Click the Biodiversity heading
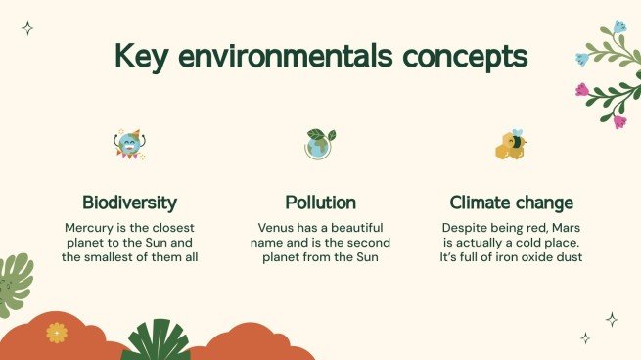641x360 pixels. (129, 203)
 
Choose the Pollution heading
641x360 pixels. (320, 203)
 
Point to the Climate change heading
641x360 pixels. (511, 203)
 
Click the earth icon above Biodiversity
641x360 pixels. (128, 144)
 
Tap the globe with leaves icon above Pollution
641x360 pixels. (319, 144)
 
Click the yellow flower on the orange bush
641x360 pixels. (57, 334)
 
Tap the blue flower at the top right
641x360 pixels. (618, 26)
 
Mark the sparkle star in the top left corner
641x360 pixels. (27, 28)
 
